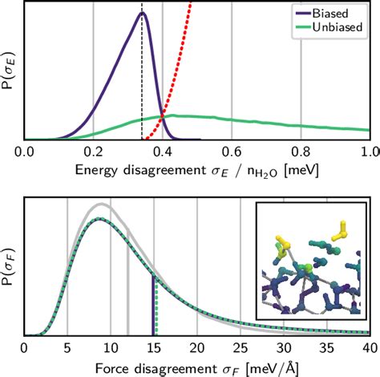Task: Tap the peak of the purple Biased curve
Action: pos(142,13)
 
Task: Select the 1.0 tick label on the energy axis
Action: pos(370,151)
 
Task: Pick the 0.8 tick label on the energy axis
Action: pos(301,151)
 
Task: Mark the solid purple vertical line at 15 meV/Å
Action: pos(152,305)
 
